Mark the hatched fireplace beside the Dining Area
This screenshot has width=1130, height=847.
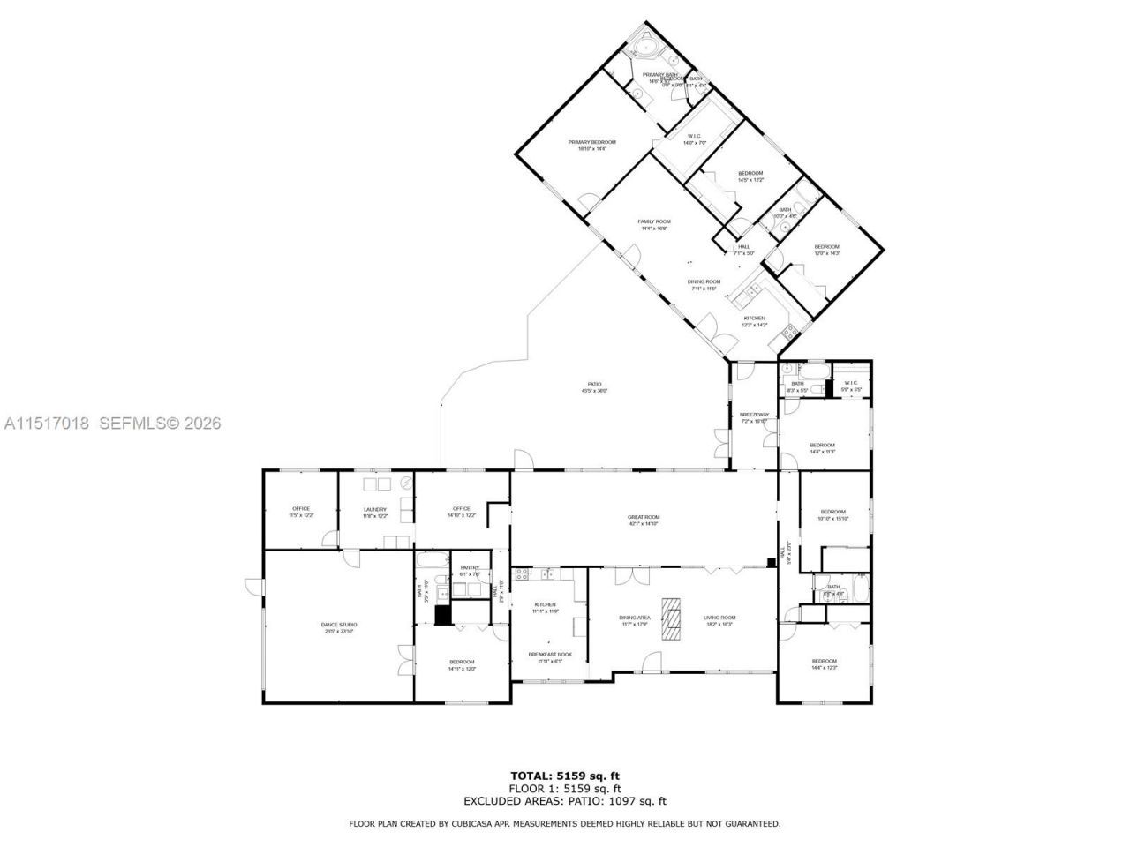[674, 618]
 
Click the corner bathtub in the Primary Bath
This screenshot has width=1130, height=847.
[644, 44]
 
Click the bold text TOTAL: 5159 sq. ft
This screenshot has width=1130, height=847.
[564, 776]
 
